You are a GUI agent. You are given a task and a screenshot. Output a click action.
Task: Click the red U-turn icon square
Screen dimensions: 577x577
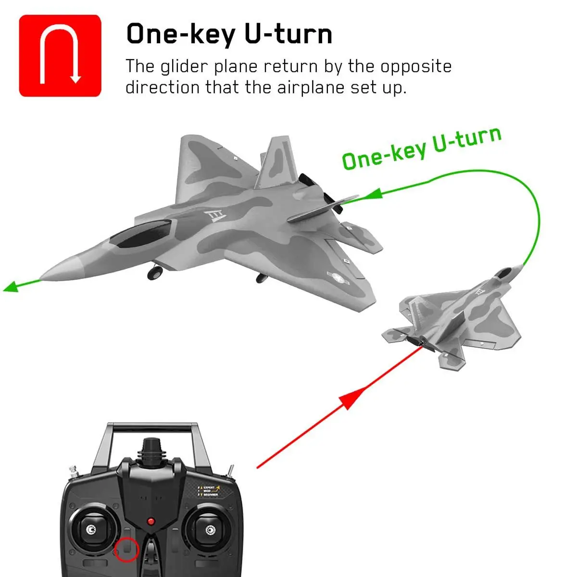pyautogui.click(x=60, y=55)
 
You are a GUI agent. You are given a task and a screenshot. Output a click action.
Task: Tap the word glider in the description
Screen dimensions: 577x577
pyautogui.click(x=185, y=66)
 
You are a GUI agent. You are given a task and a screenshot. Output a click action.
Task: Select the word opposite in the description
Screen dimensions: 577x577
pyautogui.click(x=416, y=66)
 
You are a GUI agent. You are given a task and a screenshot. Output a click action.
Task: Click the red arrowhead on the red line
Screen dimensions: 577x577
pyautogui.click(x=350, y=397)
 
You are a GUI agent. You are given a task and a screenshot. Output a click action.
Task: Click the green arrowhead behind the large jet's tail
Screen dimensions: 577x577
pyautogui.click(x=374, y=194)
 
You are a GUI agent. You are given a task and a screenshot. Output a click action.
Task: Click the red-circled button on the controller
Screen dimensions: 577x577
pyautogui.click(x=126, y=549)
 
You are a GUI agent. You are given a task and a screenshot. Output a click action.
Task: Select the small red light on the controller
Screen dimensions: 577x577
pyautogui.click(x=151, y=521)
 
